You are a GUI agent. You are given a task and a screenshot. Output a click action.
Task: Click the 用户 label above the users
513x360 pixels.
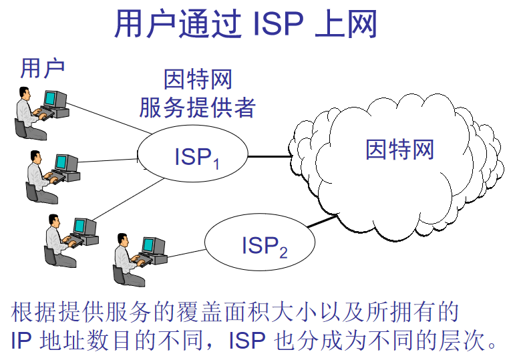tap(41, 67)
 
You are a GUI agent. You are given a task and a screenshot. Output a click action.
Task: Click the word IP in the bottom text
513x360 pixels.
tap(23, 340)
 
